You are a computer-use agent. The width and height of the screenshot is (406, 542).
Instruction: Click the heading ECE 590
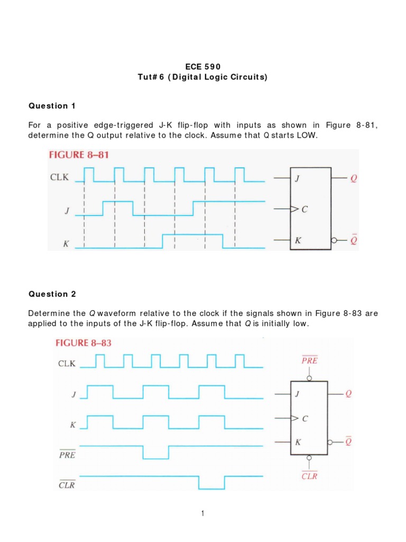(202, 66)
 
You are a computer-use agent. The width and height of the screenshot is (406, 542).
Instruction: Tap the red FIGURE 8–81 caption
(78, 155)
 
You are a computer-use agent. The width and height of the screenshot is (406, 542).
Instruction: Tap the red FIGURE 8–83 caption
(84, 343)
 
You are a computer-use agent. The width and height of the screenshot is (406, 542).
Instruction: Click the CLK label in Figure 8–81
(59, 177)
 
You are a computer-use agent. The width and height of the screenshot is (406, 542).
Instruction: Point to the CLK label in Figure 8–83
(67, 364)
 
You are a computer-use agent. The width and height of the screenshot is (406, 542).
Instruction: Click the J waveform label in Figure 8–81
(67, 211)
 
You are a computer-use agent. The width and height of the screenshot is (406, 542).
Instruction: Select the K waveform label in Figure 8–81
(67, 245)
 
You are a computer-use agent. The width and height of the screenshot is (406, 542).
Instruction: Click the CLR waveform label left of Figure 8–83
(67, 484)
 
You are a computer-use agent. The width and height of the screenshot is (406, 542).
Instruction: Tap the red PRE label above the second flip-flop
(309, 361)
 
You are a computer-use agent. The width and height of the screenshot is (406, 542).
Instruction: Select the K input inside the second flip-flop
(298, 442)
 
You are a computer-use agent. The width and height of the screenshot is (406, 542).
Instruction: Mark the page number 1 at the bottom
(202, 513)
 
